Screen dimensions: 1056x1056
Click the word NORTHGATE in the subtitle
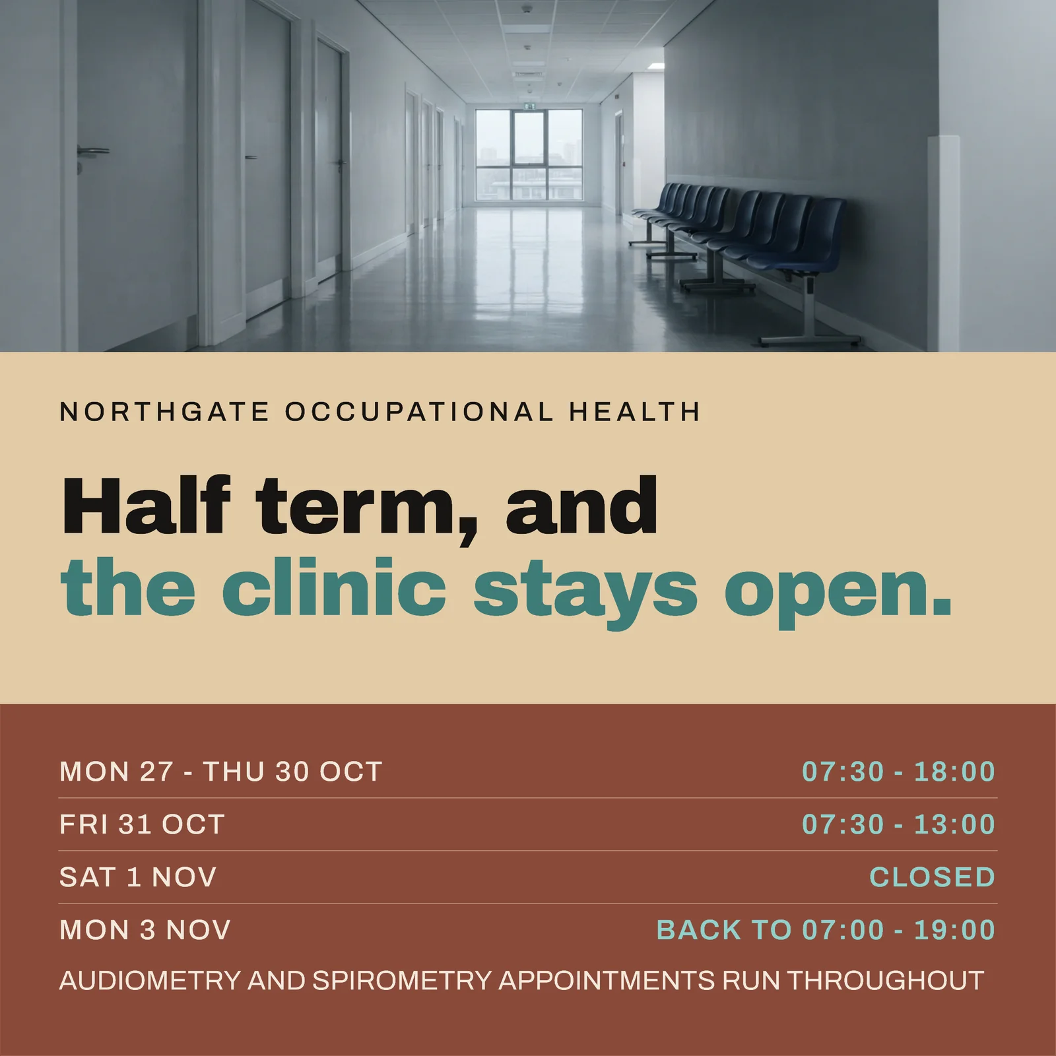click(164, 412)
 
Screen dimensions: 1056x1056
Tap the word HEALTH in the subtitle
click(634, 412)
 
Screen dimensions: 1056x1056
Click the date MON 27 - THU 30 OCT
click(220, 772)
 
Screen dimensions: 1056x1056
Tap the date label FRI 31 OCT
click(142, 824)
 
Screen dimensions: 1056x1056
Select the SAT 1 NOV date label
click(138, 877)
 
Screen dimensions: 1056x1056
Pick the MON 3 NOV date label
click(145, 930)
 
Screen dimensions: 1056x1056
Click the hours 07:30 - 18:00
click(898, 772)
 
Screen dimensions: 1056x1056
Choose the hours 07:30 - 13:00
click(898, 824)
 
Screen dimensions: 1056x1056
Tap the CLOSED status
click(932, 877)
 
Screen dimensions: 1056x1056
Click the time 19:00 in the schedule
click(954, 930)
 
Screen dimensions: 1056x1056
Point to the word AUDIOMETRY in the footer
click(150, 981)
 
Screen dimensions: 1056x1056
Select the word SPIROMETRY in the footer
click(401, 981)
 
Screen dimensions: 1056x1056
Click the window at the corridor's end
click(529, 154)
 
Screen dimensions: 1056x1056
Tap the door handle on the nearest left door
click(93, 151)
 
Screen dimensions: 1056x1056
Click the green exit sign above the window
click(529, 105)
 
